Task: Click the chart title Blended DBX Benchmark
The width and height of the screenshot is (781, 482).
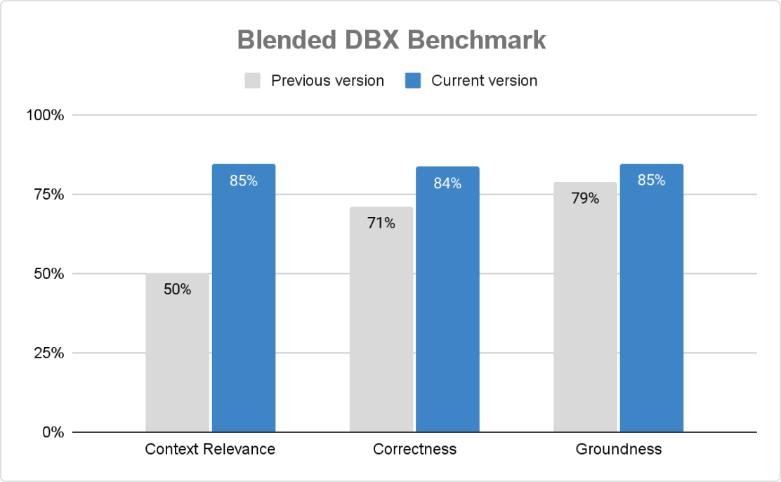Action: (x=391, y=40)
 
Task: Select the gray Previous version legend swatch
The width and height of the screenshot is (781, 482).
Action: (x=253, y=81)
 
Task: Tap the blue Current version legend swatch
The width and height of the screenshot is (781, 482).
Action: (x=413, y=81)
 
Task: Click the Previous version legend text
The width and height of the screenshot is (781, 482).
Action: (x=327, y=81)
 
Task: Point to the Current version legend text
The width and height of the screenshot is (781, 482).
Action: (x=484, y=81)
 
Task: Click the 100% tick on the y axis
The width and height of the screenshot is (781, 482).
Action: (x=45, y=115)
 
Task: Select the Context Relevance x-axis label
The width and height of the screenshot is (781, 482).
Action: (x=210, y=450)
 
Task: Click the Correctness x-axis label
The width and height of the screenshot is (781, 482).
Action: (x=414, y=450)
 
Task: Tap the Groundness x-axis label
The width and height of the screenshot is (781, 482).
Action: (x=619, y=450)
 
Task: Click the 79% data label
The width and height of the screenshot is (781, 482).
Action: (x=585, y=199)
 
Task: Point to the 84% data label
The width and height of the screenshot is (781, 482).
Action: (x=447, y=183)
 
